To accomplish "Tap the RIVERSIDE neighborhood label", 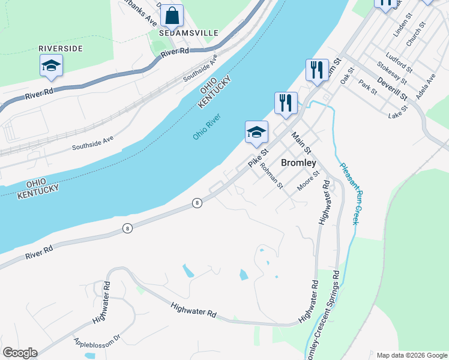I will click(60, 48).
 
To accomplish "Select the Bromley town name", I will click(298, 163).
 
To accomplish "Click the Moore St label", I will click(309, 181).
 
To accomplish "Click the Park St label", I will click(367, 87).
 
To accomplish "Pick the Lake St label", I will click(398, 112).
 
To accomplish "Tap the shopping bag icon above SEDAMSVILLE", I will click(172, 16).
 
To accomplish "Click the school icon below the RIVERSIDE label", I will click(52, 65).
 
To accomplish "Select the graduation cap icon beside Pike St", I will click(256, 132).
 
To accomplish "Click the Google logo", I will click(20, 353).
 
